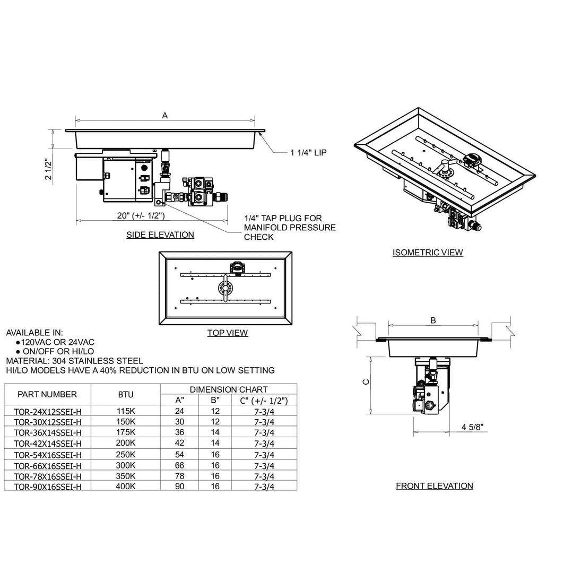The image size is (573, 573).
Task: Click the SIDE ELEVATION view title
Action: point(160,235)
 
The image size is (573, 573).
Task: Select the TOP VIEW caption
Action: point(227,333)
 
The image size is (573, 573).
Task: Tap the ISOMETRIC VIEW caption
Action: point(428,253)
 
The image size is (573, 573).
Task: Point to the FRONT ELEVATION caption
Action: point(434,486)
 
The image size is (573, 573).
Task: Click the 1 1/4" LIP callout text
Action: point(308,153)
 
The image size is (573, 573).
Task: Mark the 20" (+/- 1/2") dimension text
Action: point(141,215)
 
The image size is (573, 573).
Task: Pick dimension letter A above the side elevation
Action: point(164,115)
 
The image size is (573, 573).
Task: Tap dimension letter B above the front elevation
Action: point(433,320)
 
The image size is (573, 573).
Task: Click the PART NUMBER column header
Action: point(47,394)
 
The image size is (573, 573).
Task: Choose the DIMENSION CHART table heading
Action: point(229,389)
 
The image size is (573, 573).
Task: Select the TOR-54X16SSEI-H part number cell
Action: point(48,455)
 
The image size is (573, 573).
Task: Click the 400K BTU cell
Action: point(126,486)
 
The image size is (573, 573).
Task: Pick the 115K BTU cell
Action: point(126,411)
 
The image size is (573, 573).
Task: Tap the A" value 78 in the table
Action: point(180,476)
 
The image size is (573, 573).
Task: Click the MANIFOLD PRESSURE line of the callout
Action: point(290,228)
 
